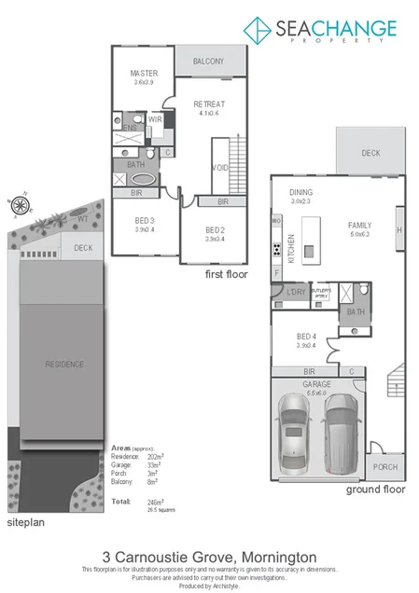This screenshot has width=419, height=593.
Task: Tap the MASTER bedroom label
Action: pos(143,75)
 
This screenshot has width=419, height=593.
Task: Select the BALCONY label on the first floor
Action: pos(208,62)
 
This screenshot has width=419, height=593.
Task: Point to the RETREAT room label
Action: pos(207,103)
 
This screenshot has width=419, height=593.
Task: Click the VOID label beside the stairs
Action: pos(220,168)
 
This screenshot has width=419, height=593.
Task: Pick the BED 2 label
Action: pos(215,229)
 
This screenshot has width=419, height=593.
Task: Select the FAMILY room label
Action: pos(358,226)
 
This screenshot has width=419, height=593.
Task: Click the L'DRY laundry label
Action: pos(297,293)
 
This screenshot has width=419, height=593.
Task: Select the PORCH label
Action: pos(384,467)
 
